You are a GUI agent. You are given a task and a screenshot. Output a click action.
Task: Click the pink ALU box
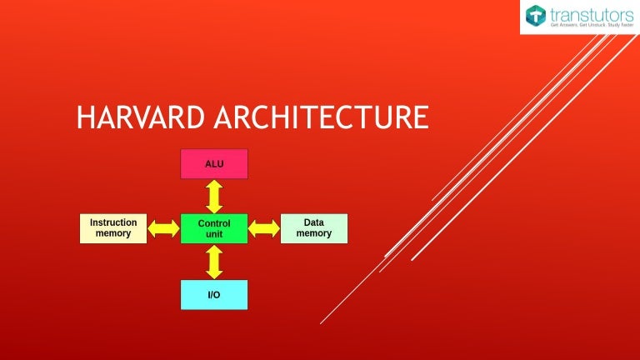214,164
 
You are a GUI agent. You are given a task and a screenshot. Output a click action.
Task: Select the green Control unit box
214,228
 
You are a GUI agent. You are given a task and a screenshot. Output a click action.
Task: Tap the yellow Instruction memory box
113,228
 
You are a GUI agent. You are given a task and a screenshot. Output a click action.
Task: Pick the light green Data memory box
314,228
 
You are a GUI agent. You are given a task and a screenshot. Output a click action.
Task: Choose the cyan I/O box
214,294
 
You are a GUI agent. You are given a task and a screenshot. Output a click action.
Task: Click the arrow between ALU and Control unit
214,196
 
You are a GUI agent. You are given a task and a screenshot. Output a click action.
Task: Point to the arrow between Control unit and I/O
214,262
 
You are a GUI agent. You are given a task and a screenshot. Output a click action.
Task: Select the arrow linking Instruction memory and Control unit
164,228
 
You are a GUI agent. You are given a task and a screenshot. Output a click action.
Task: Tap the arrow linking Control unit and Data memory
264,228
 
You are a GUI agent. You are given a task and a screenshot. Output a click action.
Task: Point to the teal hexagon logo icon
536,17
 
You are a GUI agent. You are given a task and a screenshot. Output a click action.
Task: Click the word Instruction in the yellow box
113,222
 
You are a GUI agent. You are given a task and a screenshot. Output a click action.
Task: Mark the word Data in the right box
314,222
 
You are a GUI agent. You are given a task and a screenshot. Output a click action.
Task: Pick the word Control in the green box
214,223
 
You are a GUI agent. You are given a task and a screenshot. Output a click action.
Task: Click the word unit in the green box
214,235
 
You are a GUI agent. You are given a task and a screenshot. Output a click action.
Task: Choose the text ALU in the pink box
214,164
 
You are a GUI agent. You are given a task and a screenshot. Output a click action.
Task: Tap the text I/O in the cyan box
214,294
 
